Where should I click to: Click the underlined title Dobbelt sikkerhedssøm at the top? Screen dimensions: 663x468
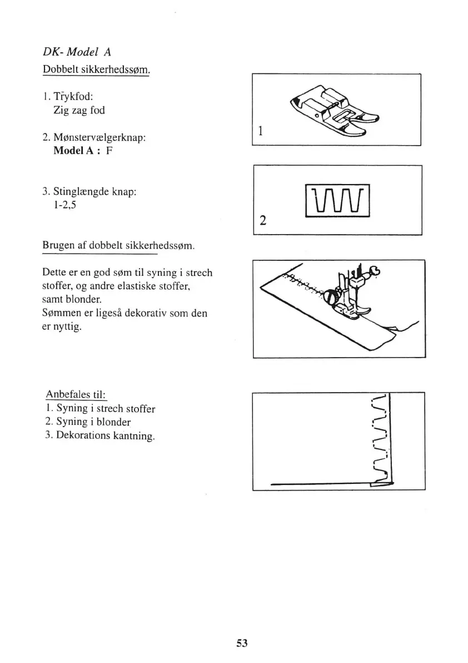click(x=96, y=71)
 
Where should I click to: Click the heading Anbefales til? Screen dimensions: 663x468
click(x=76, y=394)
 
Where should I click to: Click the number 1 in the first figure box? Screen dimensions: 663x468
click(x=260, y=132)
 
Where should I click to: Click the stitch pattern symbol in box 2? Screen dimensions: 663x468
click(x=338, y=201)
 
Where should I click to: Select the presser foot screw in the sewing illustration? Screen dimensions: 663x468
click(x=331, y=296)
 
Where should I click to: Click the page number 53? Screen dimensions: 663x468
click(x=241, y=643)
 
